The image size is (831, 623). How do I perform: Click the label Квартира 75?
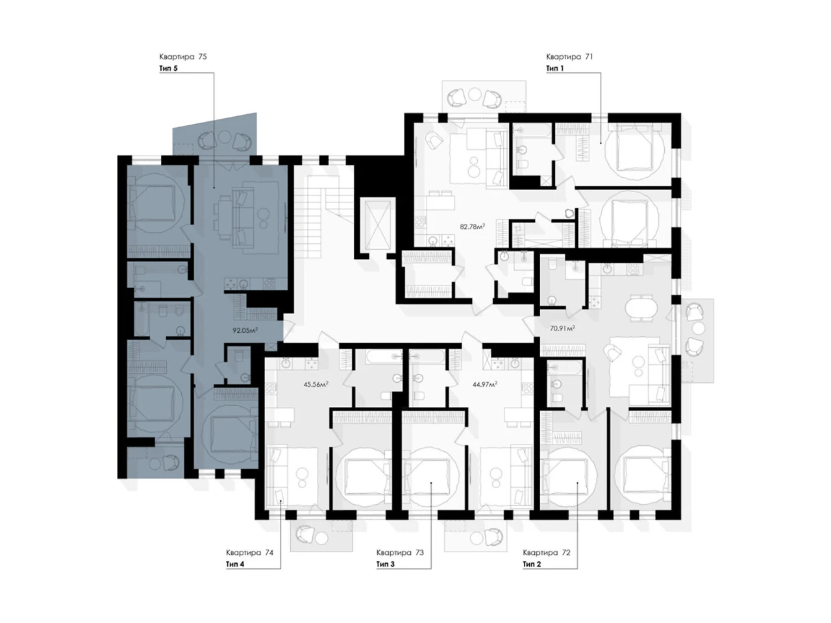pyautogui.click(x=183, y=56)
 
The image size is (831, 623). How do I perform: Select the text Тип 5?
pyautogui.click(x=168, y=69)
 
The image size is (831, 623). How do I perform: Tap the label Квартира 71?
pyautogui.click(x=569, y=56)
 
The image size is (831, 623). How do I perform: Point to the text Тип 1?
pyautogui.click(x=554, y=69)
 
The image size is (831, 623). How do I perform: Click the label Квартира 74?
pyautogui.click(x=249, y=553)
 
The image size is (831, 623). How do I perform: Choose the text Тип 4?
pyautogui.click(x=235, y=565)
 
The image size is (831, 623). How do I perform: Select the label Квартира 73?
pyautogui.click(x=400, y=553)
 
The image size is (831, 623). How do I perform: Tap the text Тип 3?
pyautogui.click(x=386, y=565)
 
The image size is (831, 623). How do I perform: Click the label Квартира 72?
pyautogui.click(x=546, y=553)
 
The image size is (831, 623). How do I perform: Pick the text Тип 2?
pyautogui.click(x=532, y=565)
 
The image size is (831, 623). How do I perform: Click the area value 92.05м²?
pyautogui.click(x=245, y=330)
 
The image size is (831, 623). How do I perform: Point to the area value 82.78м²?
pyautogui.click(x=473, y=226)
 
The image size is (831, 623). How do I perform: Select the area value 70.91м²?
pyautogui.click(x=562, y=328)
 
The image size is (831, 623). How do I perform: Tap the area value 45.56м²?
pyautogui.click(x=316, y=384)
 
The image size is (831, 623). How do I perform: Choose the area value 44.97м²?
pyautogui.click(x=484, y=384)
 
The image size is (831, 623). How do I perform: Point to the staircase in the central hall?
pyautogui.click(x=325, y=214)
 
